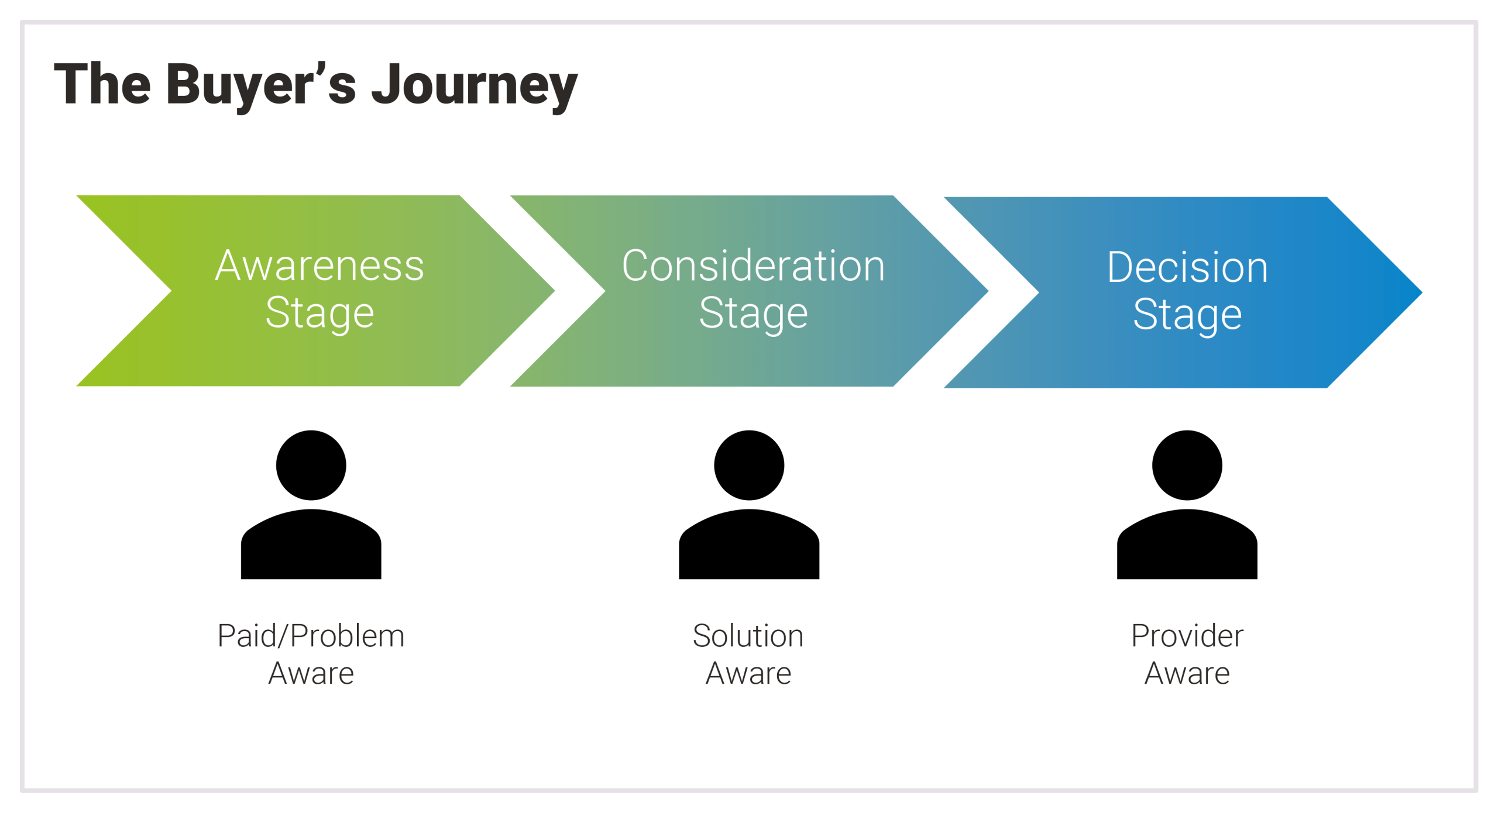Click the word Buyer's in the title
pyautogui.click(x=261, y=85)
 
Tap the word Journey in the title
pyautogui.click(x=474, y=85)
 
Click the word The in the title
pyautogui.click(x=102, y=85)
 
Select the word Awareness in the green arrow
pyautogui.click(x=319, y=266)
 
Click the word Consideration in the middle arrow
pyautogui.click(x=753, y=266)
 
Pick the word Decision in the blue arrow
pyautogui.click(x=1187, y=268)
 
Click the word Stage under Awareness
pyautogui.click(x=319, y=314)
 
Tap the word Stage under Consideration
pyautogui.click(x=753, y=314)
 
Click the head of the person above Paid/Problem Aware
pyautogui.click(x=311, y=466)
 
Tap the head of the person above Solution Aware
pyautogui.click(x=749, y=466)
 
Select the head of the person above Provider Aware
pyautogui.click(x=1187, y=466)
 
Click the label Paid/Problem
pyautogui.click(x=311, y=636)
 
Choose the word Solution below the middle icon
pyautogui.click(x=748, y=636)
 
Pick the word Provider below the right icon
pyautogui.click(x=1187, y=636)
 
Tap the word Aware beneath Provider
pyautogui.click(x=1187, y=673)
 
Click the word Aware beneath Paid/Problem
pyautogui.click(x=311, y=673)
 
